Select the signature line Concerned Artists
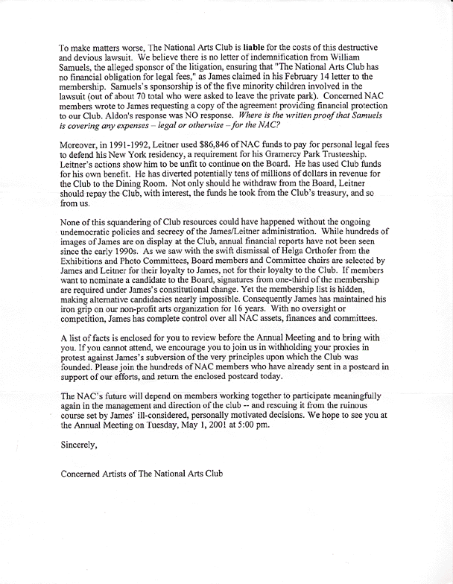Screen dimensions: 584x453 pos(141,474)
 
